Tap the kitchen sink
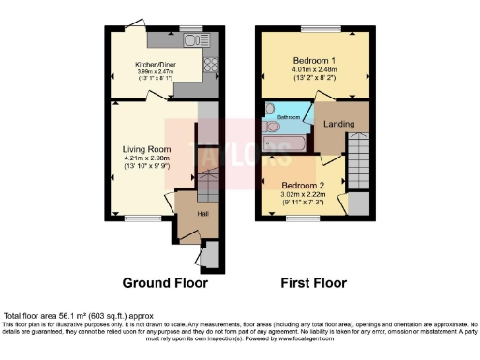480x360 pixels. pyautogui.click(x=194, y=41)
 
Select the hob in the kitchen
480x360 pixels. pyautogui.click(x=209, y=65)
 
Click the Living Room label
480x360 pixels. pyautogui.click(x=145, y=148)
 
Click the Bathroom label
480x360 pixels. pyautogui.click(x=288, y=117)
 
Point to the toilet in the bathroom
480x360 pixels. pyautogui.click(x=271, y=125)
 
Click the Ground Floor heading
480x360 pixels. pyautogui.click(x=165, y=282)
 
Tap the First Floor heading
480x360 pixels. pyautogui.click(x=314, y=282)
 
